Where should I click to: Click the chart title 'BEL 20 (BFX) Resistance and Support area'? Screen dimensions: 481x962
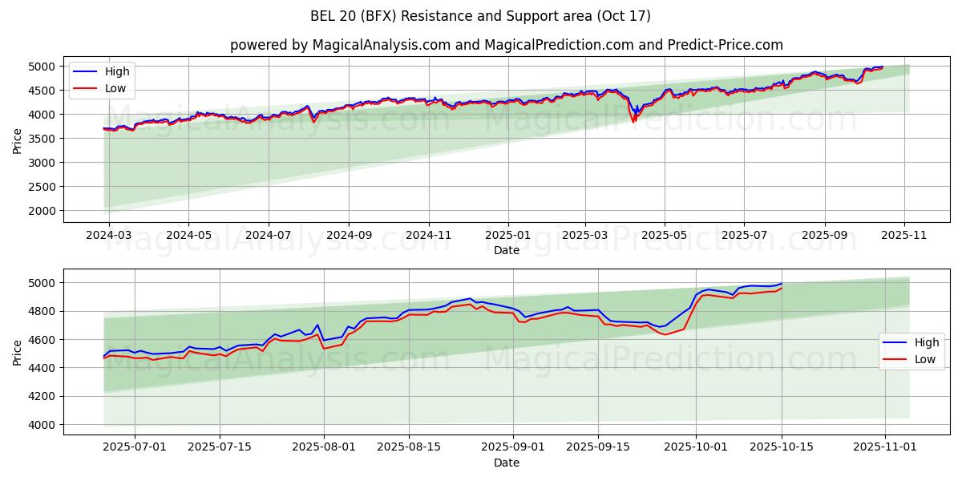pos(480,16)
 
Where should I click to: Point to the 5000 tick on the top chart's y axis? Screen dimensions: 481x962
pos(45,67)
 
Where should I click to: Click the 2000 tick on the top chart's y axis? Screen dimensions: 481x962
pos(45,211)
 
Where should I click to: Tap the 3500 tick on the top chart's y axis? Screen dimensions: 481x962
pos(45,139)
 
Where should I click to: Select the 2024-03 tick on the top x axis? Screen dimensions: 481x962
pos(109,236)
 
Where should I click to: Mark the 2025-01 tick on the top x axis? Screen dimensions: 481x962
pos(507,236)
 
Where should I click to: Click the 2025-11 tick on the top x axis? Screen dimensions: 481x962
pos(904,236)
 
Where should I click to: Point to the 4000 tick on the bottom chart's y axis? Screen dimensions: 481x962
pos(45,425)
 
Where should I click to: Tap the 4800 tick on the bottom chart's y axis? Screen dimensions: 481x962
pos(45,311)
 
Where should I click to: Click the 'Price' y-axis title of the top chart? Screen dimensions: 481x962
pos(18,141)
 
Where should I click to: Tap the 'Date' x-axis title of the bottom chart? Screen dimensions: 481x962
pos(506,463)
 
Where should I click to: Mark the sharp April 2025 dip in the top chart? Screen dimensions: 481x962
pos(634,120)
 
